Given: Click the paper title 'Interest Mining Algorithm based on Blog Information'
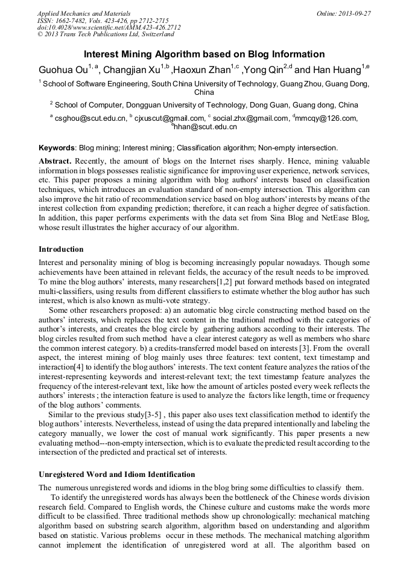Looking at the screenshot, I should (x=204, y=54).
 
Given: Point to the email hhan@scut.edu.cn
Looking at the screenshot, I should (x=206, y=127).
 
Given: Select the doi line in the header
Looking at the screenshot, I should (x=109, y=27).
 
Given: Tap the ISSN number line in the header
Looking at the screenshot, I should (x=103, y=21).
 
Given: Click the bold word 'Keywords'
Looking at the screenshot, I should (x=57, y=147).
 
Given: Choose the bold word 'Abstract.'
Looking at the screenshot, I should (x=55, y=161).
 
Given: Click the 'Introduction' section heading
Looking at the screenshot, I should (x=61, y=249).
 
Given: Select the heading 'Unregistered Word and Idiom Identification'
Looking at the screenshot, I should (x=116, y=474).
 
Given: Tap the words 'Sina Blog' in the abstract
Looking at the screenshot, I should (x=277, y=219).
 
